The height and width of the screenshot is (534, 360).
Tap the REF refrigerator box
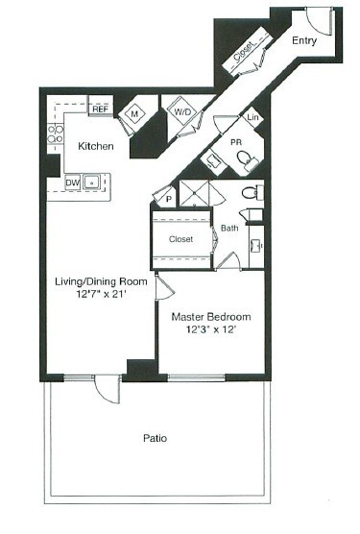100,109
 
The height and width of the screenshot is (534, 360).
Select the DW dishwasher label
72,182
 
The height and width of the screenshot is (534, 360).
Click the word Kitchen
96,147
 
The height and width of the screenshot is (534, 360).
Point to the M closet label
133,113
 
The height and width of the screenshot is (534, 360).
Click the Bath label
228,229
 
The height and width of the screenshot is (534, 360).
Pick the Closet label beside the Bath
180,238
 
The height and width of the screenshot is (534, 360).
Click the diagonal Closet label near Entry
243,56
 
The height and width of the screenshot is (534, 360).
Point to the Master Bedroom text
210,317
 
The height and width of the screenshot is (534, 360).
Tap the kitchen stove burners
56,134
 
